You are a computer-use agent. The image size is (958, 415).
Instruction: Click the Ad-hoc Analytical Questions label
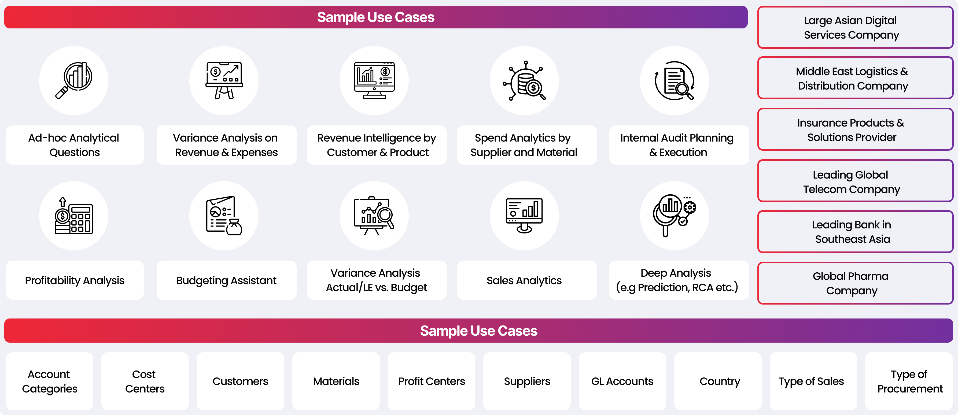[74, 145]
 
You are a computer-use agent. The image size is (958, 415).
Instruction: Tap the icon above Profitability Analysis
[74, 216]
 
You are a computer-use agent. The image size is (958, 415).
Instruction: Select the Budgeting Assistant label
[226, 280]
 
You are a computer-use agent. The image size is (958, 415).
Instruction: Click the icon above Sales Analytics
[524, 216]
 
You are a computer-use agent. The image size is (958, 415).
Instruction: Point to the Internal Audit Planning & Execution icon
[674, 81]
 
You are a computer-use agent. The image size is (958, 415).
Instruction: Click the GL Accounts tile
[622, 381]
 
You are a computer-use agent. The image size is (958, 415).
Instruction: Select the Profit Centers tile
[432, 381]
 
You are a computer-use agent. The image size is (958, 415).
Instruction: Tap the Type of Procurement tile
[909, 381]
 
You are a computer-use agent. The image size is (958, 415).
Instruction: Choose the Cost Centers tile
[145, 381]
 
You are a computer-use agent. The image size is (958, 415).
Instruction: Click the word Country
[720, 381]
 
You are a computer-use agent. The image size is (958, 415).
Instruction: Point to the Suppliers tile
[526, 381]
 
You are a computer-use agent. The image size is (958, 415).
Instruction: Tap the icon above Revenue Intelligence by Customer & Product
[374, 81]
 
